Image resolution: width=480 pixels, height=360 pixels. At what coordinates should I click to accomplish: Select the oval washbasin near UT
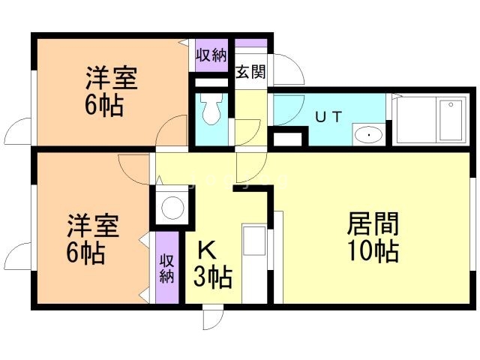[367, 136]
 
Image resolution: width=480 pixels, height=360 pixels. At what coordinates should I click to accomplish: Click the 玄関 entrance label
[250, 73]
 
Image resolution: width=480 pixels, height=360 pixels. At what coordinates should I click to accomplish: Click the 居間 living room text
[373, 224]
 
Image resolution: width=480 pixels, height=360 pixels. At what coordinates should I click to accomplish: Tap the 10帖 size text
[373, 252]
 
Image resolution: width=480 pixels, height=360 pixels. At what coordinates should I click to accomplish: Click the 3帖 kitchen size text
[212, 277]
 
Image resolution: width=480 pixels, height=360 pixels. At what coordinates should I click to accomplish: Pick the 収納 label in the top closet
[211, 54]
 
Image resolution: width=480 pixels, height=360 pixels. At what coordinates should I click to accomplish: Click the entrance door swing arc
[289, 71]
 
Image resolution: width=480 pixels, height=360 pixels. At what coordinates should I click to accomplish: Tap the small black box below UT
[289, 138]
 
